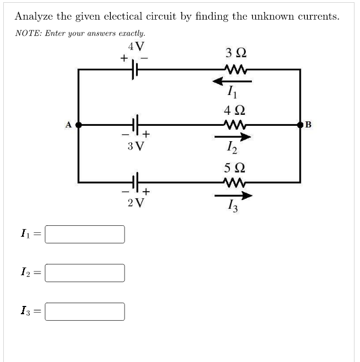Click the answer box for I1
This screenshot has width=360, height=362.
coord(85,234)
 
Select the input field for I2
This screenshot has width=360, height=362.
coord(85,272)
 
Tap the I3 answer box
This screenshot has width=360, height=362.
coord(85,311)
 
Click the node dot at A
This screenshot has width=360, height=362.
coord(78,125)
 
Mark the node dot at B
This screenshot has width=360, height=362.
coord(300,125)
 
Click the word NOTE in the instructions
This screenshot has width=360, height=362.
coord(26,33)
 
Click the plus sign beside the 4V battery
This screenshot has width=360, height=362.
coord(125,57)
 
